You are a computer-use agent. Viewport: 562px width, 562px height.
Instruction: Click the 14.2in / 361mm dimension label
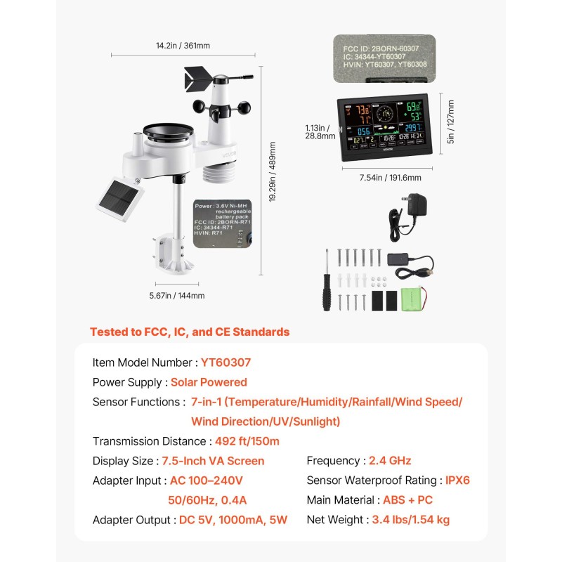(x=183, y=46)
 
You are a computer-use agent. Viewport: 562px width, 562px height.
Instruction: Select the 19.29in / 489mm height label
(x=272, y=172)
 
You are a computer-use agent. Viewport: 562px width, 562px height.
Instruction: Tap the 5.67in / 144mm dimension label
(x=177, y=296)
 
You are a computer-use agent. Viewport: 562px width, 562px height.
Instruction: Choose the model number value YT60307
(x=226, y=362)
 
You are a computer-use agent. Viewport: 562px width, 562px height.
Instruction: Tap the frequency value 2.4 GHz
(x=390, y=461)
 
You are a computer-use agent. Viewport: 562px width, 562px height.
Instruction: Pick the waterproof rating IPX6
(x=457, y=481)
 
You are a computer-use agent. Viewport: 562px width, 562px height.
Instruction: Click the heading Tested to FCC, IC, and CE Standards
(x=190, y=332)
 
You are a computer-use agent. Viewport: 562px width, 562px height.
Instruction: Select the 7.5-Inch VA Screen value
(x=213, y=461)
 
